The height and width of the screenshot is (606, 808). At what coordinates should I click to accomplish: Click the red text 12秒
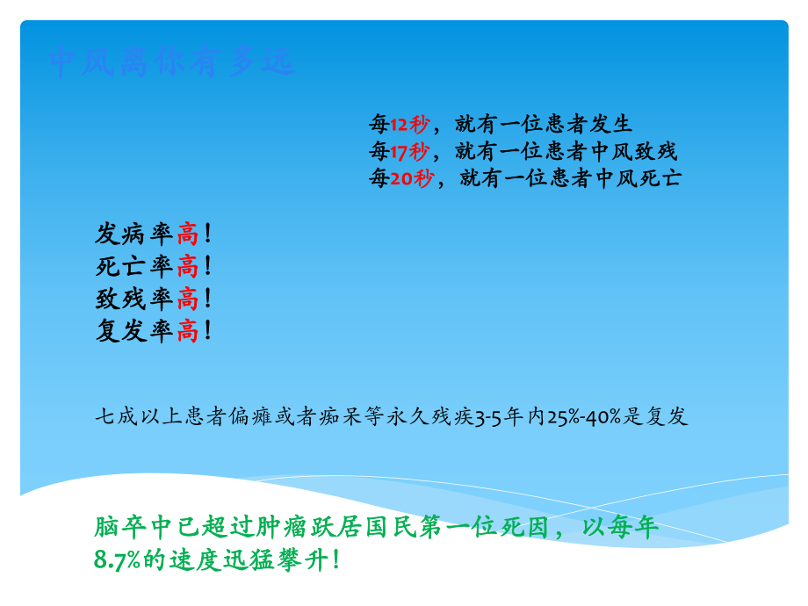[409, 124]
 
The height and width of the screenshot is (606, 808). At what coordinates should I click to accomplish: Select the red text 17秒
[409, 151]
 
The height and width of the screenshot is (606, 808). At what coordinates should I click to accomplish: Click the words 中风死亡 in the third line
[638, 178]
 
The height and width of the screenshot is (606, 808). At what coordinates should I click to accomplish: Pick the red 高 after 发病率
[187, 234]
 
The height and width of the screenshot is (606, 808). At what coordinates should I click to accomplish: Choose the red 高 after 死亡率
[187, 266]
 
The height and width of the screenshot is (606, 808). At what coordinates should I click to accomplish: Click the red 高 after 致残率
[187, 299]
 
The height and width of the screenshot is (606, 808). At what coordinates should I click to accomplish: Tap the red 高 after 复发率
[187, 331]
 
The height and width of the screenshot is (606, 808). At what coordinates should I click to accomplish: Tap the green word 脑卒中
[127, 528]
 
